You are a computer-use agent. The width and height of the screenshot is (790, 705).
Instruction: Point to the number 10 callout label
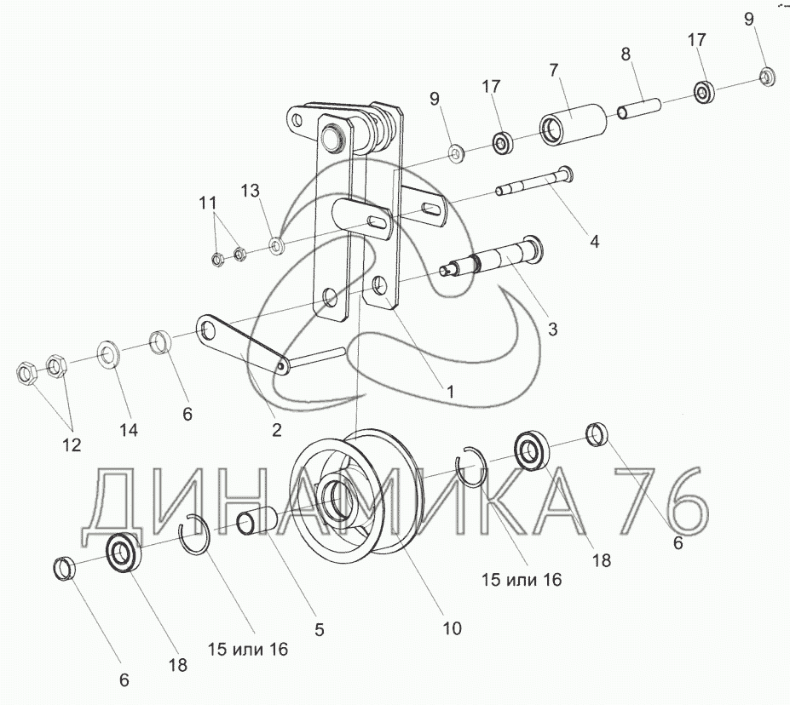(452, 628)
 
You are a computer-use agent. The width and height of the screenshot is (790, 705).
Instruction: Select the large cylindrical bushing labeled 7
(573, 124)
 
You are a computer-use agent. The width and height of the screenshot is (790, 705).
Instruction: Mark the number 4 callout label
(594, 241)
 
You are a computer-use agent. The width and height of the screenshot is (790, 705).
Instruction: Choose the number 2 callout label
(276, 430)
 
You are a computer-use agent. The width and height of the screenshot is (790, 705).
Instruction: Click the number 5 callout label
(320, 630)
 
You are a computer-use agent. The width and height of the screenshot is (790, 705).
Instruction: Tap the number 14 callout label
(128, 430)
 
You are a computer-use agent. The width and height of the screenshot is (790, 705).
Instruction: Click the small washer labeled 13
(277, 247)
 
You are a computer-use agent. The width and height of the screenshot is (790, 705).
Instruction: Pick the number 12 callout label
(71, 444)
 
